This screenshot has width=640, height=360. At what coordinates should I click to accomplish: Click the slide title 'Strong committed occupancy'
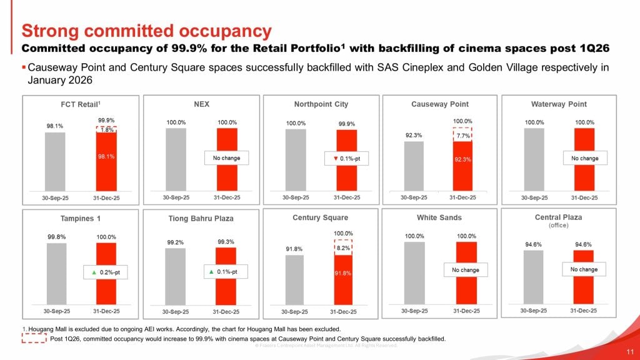pyautogui.click(x=147, y=31)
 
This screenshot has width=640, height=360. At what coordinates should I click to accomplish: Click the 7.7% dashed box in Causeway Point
pyautogui.click(x=462, y=134)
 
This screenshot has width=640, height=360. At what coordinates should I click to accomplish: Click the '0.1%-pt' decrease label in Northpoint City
pyautogui.click(x=347, y=159)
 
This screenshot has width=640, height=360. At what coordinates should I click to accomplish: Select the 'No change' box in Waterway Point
pyautogui.click(x=584, y=159)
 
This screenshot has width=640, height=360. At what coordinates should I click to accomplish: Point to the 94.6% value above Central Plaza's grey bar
pyautogui.click(x=533, y=244)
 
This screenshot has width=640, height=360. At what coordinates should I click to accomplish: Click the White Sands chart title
pyautogui.click(x=439, y=217)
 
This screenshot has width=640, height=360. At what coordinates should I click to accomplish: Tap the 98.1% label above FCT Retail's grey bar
pyautogui.click(x=54, y=126)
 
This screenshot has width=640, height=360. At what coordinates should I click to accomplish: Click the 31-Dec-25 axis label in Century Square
pyautogui.click(x=343, y=312)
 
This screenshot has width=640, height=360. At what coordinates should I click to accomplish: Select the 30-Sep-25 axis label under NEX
pyautogui.click(x=175, y=197)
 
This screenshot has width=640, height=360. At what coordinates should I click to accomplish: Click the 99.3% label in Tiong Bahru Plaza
pyautogui.click(x=226, y=241)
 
